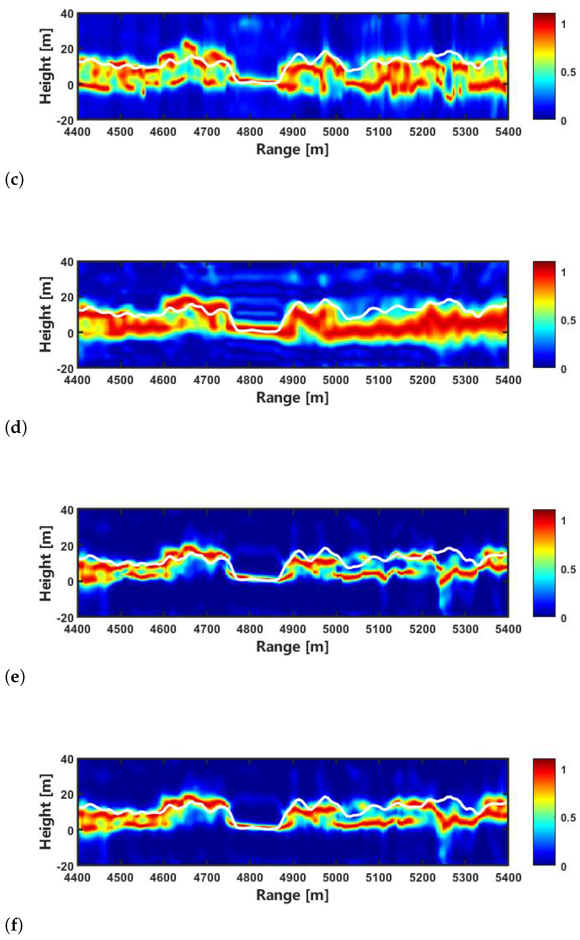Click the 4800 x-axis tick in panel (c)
coord(249,132)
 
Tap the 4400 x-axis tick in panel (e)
coord(78,629)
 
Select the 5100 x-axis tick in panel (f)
coord(379,878)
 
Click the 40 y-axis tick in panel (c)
coord(67,14)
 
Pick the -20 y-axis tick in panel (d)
coord(65,369)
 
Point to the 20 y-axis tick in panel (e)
coord(67,546)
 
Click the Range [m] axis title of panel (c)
coord(292,149)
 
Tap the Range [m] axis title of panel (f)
coord(292,895)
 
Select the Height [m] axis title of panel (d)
coord(46,315)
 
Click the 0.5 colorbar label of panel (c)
coord(568,72)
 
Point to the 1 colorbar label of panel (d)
coord(563,272)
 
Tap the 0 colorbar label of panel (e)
coord(563,618)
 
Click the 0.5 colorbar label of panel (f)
coord(568,818)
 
